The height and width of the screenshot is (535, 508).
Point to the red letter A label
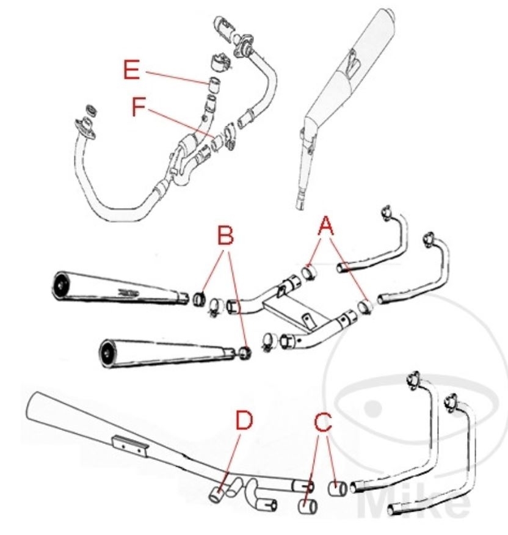[x=326, y=228]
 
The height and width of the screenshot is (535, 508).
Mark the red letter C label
[x=324, y=421]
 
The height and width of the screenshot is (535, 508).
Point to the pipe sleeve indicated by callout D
[x=216, y=493]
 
